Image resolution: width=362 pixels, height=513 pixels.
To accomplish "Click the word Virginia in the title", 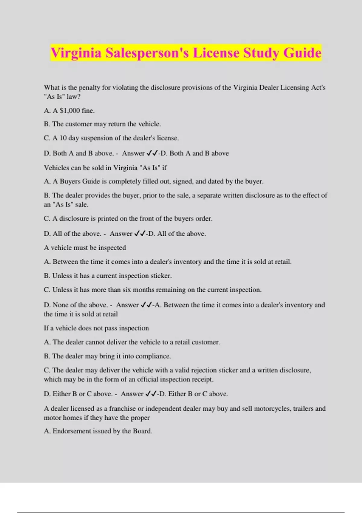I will pos(76,53).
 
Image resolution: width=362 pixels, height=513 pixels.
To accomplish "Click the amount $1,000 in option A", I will pos(70,110).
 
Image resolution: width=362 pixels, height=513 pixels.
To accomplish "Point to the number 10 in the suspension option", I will pos(63,138).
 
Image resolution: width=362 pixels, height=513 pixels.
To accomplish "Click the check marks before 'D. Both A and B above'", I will pos(152,153).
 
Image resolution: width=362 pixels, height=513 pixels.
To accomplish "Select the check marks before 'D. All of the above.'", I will pos(140,234).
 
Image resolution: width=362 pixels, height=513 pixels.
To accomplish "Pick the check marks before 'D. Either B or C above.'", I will pos(151,394).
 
